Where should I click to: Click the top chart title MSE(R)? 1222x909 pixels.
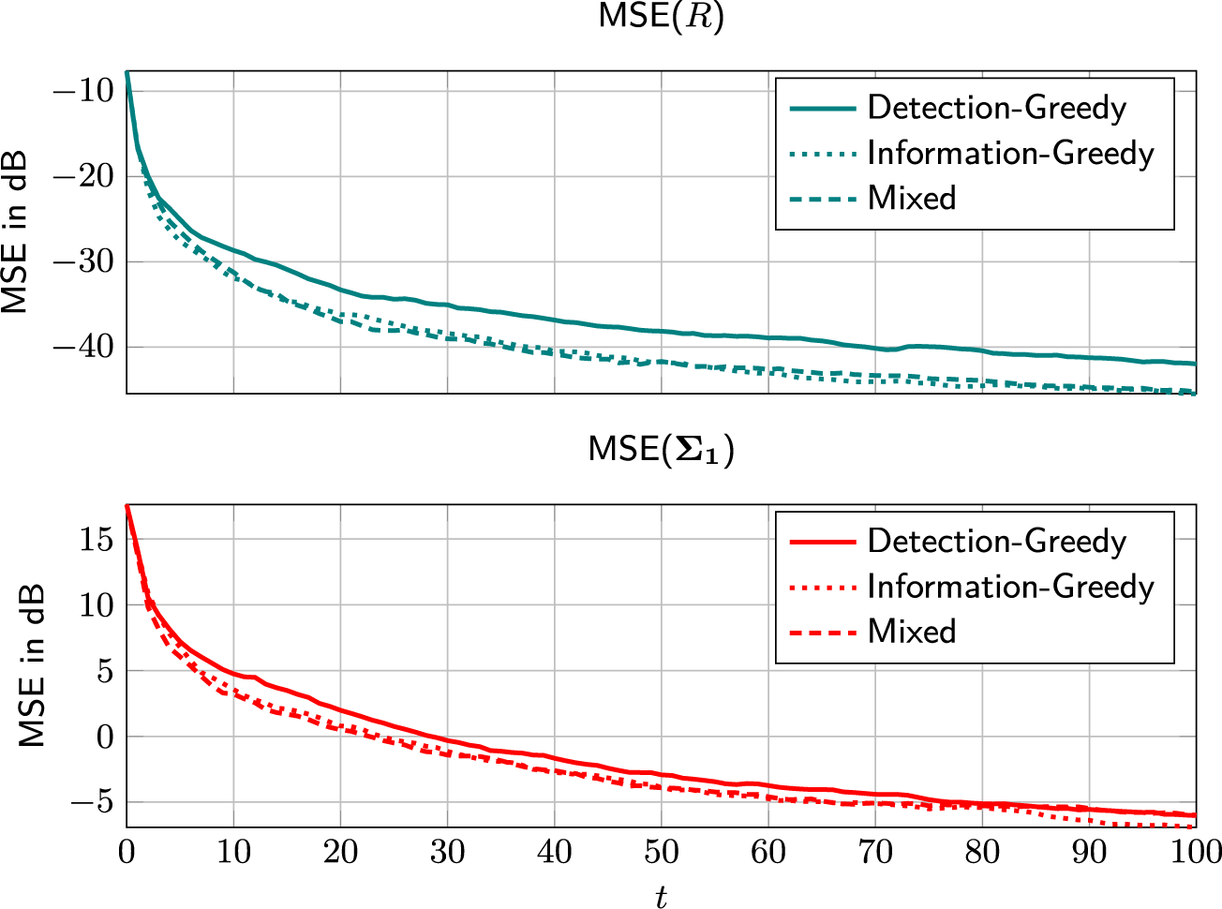point(661,18)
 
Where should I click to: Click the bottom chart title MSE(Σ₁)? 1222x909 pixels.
point(661,450)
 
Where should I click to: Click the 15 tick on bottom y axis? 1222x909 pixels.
point(97,540)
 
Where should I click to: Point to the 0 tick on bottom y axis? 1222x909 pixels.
point(105,738)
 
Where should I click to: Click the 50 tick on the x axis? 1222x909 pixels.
point(662,852)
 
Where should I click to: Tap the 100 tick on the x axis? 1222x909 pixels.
point(1194,852)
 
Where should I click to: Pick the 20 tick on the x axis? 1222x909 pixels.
point(341,852)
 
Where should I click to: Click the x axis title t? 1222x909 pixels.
point(661,897)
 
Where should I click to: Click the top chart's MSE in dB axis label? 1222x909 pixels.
point(16,231)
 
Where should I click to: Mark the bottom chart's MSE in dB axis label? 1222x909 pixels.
point(34,665)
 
